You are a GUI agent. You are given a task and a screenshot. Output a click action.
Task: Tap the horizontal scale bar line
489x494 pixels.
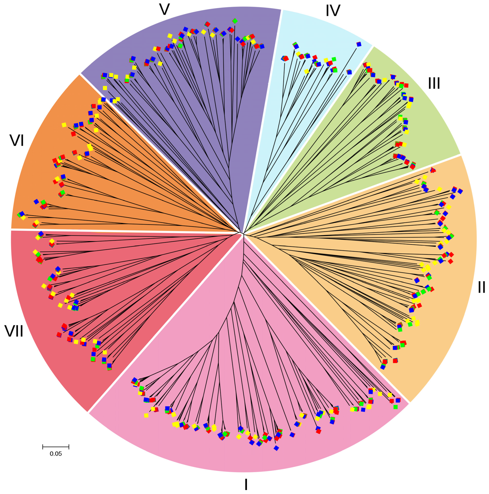[x=55, y=447]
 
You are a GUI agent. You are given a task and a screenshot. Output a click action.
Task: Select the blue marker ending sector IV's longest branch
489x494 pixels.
[x=359, y=44]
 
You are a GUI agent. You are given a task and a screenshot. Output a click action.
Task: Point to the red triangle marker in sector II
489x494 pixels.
[x=432, y=170]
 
